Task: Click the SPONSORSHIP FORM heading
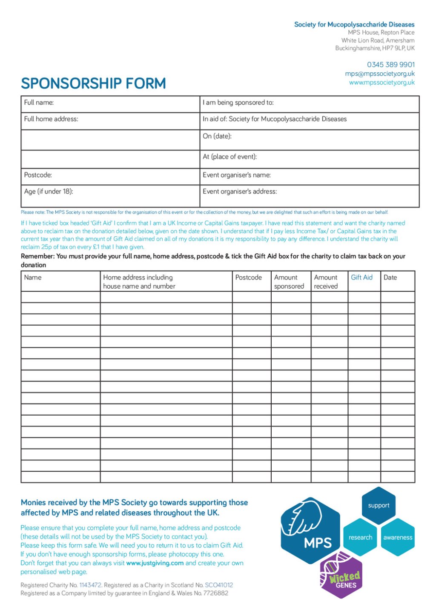pyautogui.click(x=93, y=83)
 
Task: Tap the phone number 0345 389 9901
pyautogui.click(x=390, y=65)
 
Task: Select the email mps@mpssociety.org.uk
pyautogui.click(x=379, y=74)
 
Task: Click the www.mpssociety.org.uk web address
pyautogui.click(x=381, y=83)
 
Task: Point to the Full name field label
pyautogui.click(x=39, y=103)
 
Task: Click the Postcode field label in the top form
pyautogui.click(x=38, y=175)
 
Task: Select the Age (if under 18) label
pyautogui.click(x=49, y=192)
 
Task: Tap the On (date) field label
pyautogui.click(x=217, y=136)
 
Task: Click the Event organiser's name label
pyautogui.click(x=237, y=175)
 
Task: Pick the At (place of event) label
pyautogui.click(x=230, y=157)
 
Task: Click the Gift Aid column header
pyautogui.click(x=361, y=278)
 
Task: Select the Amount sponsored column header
pyautogui.click(x=289, y=282)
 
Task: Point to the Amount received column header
pyautogui.click(x=326, y=282)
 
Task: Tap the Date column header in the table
pyautogui.click(x=390, y=278)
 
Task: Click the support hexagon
pyautogui.click(x=379, y=506)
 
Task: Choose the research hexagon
pyautogui.click(x=360, y=537)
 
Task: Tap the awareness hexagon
pyautogui.click(x=398, y=537)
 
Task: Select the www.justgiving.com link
pyautogui.click(x=155, y=563)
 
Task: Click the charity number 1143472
pyautogui.click(x=90, y=585)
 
